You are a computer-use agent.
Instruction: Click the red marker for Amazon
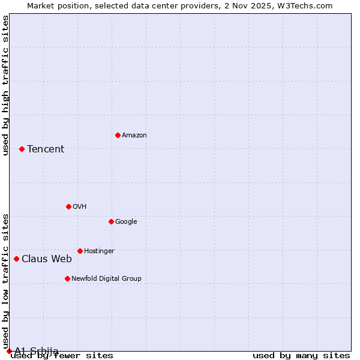coord(118,135)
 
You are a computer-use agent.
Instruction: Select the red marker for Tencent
coord(22,149)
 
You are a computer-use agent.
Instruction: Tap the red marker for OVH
coord(68,206)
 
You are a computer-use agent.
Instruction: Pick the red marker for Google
coord(111,221)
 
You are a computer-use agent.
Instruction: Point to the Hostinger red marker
coord(80,251)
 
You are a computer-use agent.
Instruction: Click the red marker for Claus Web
coord(16,259)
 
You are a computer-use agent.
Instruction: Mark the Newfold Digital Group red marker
coord(67,278)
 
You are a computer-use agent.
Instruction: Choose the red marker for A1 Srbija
coord(9,351)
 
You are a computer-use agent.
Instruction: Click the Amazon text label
coord(134,136)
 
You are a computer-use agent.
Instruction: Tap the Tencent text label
coord(46,149)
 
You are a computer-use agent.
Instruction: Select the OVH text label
coord(80,207)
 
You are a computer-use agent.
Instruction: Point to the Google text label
coord(126,222)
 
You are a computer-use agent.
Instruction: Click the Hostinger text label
coord(99,251)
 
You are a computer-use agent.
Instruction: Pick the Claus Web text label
coord(47,259)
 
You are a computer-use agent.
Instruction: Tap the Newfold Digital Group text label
coord(106,279)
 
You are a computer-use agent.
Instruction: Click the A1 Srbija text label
coord(37,351)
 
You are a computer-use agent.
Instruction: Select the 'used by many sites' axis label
coord(301,356)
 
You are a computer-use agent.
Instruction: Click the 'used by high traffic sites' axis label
coord(6,85)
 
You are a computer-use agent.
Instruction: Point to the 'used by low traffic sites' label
coord(6,281)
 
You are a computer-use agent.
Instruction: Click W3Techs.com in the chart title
coord(305,5)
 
